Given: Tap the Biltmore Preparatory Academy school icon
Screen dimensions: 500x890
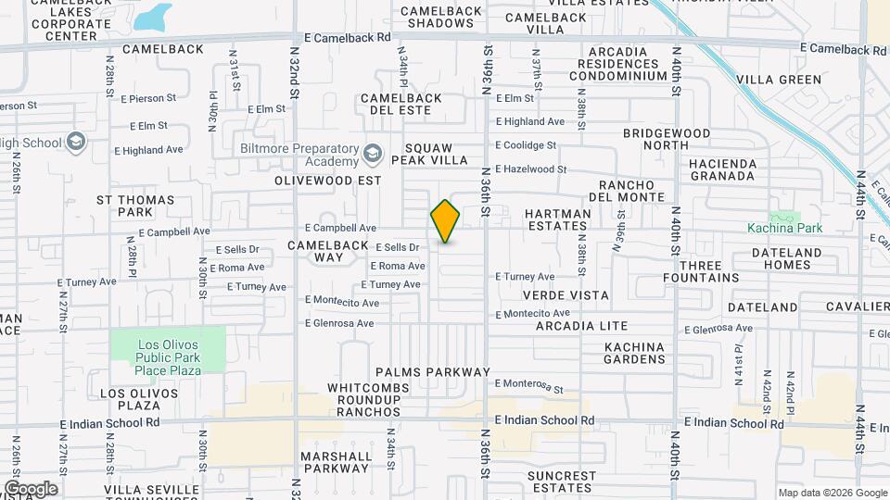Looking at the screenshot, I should click(x=373, y=153).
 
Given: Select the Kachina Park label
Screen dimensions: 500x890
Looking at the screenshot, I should click(x=785, y=228).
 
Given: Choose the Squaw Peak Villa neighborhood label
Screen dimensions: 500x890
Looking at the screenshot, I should click(x=436, y=154).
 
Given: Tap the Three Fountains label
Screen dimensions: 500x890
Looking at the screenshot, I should click(x=701, y=271).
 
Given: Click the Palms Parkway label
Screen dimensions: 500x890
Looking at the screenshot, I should click(x=432, y=372).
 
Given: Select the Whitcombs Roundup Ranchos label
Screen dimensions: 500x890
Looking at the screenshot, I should click(x=363, y=400).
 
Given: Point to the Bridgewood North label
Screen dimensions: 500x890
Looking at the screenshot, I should click(x=667, y=139).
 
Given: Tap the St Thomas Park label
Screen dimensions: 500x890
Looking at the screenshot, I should click(x=135, y=206).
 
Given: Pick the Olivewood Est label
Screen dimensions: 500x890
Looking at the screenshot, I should click(x=327, y=181).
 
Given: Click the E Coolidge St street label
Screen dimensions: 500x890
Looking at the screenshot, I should click(x=526, y=145).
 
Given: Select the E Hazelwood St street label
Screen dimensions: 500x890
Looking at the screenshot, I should click(x=530, y=169).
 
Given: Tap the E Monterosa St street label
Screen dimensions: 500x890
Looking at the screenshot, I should click(x=529, y=385).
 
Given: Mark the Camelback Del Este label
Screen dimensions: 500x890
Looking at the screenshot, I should click(x=396, y=104).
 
